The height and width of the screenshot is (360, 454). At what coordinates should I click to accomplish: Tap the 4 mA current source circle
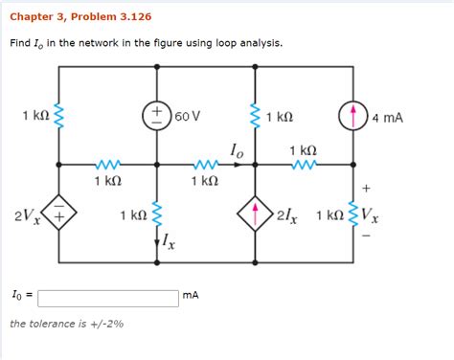pos(353,117)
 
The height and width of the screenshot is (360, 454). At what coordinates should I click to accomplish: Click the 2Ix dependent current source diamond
pos(256,214)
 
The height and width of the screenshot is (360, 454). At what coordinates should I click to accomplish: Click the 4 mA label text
pos(388,118)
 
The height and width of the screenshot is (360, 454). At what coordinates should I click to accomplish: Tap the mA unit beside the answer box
pos(191,297)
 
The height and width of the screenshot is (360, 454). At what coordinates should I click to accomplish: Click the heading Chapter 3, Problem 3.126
pos(80,17)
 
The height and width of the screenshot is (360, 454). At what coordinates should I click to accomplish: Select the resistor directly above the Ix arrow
pos(156,214)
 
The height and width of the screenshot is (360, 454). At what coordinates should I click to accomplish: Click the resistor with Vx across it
pos(353,214)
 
